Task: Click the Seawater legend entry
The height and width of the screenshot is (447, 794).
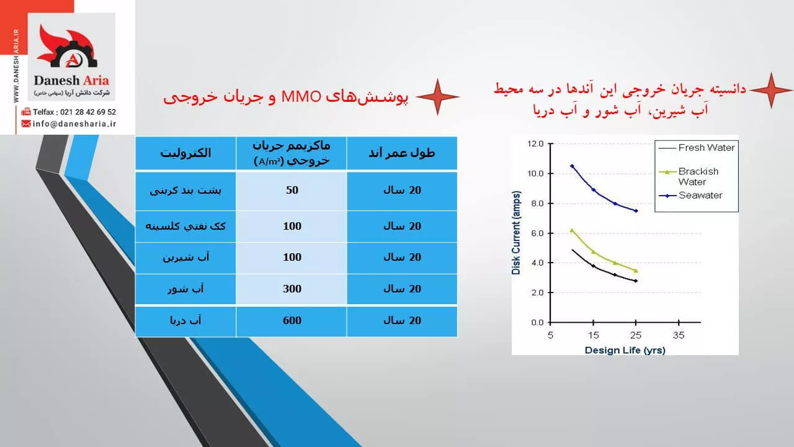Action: tap(690, 196)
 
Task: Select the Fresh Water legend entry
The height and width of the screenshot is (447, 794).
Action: tap(697, 148)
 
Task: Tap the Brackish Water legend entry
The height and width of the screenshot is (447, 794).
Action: tap(689, 177)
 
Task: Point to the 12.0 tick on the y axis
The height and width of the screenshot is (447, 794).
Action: tap(535, 143)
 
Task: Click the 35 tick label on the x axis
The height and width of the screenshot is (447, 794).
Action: tap(679, 335)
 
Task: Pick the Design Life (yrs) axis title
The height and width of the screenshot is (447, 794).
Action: tap(625, 350)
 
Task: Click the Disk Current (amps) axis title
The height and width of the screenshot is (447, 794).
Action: tap(516, 233)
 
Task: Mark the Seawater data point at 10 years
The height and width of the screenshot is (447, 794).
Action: tap(572, 166)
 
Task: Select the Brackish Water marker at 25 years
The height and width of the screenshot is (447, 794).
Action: tap(636, 271)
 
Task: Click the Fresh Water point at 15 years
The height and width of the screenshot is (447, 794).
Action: tap(594, 266)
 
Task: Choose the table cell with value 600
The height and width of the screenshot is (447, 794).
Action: tap(292, 321)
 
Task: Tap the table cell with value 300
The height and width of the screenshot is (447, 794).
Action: tap(292, 289)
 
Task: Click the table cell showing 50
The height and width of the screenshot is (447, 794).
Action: tap(292, 190)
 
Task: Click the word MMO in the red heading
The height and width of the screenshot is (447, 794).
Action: tap(301, 97)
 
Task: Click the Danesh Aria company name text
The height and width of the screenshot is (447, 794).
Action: tap(71, 81)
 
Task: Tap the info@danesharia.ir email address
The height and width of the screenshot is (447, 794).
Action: tap(74, 124)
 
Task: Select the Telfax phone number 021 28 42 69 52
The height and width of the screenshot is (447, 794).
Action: tap(88, 112)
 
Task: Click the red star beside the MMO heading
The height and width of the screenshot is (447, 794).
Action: tap(437, 97)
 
